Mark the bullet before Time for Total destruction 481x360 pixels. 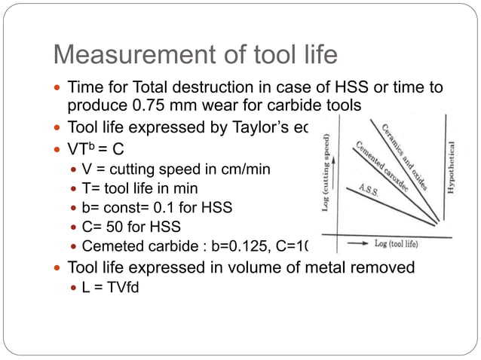coord(59,88)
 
